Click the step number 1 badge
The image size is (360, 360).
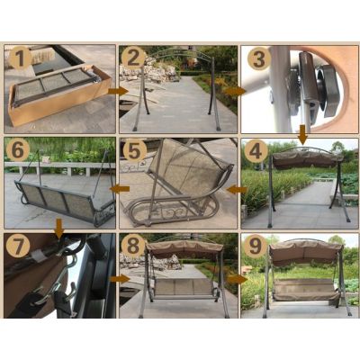(x=20, y=58)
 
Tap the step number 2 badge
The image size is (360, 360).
(x=133, y=58)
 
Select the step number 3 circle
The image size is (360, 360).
(x=259, y=58)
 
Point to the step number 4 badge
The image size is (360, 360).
(x=256, y=151)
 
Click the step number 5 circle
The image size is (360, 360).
(x=134, y=150)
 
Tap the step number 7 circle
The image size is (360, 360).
(x=18, y=247)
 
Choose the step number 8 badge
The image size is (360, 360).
(x=133, y=246)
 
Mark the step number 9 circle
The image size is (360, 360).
(x=256, y=247)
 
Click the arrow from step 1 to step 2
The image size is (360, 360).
(x=118, y=91)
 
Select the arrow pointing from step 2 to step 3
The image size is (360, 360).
(x=235, y=91)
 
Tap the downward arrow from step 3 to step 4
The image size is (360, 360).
(x=303, y=134)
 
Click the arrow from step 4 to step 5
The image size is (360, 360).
(x=237, y=190)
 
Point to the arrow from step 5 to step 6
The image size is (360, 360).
(x=120, y=189)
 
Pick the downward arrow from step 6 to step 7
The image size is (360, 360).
(x=59, y=229)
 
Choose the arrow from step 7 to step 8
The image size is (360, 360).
(x=120, y=279)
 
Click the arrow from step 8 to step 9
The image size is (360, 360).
(x=238, y=279)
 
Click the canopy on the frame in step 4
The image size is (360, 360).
(x=306, y=159)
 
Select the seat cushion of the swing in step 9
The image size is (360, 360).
(x=305, y=290)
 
